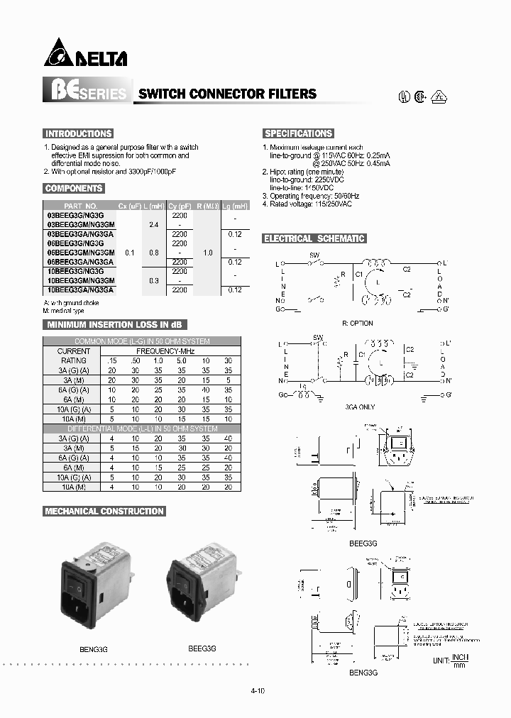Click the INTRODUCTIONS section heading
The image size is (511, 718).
[78, 133]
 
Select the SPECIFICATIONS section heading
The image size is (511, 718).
[298, 133]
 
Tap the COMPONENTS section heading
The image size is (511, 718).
[74, 189]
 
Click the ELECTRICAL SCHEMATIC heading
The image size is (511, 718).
[314, 239]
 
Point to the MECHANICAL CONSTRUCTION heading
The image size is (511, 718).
[104, 511]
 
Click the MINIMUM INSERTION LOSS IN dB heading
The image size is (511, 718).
[114, 324]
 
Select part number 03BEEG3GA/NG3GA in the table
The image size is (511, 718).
[79, 233]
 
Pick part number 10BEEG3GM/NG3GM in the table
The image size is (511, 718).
[79, 281]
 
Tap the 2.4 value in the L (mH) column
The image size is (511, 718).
[154, 223]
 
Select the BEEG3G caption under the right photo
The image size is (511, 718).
[202, 648]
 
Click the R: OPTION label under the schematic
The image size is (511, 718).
[357, 323]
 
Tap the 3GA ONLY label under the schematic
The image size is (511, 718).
[358, 407]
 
